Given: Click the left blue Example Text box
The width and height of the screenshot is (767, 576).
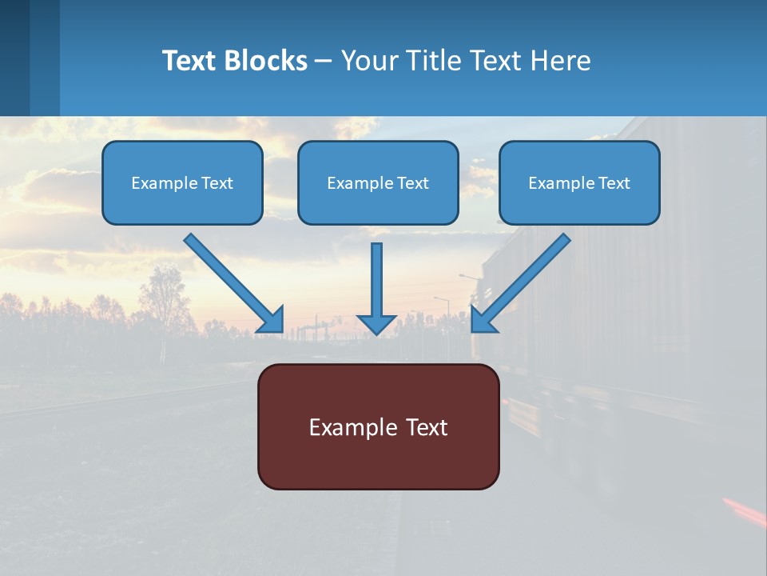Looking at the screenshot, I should coord(182,183).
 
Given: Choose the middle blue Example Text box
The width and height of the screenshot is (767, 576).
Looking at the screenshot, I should coord(378,183).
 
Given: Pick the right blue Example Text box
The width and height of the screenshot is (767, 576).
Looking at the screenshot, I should coord(579,183).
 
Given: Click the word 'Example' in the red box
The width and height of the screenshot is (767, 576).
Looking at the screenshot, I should coord(352,427).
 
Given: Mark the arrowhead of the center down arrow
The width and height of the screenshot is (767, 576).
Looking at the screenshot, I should coord(377,323).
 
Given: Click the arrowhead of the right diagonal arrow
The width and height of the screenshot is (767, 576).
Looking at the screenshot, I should coord(483,319).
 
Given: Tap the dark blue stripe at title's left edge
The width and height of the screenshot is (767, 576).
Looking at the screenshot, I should coord(14,58).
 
